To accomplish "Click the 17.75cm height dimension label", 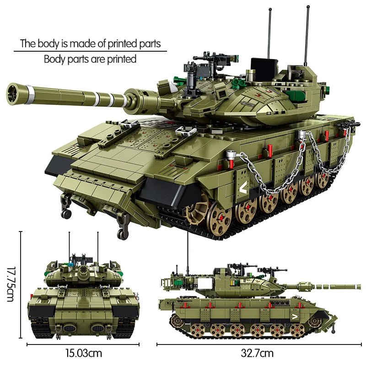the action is tap(11, 284).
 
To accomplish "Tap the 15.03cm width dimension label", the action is tap(84, 353).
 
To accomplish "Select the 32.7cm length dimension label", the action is tap(257, 353).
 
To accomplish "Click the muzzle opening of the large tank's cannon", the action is tap(12, 94).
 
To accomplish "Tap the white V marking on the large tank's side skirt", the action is tap(243, 187).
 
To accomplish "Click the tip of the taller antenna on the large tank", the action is tap(308, 6).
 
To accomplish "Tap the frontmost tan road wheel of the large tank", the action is tap(220, 218).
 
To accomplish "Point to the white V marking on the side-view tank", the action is tap(295, 317).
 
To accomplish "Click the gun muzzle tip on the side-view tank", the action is tap(360, 286).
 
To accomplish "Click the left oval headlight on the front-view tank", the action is tap(70, 328).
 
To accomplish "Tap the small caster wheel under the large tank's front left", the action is tap(66, 214).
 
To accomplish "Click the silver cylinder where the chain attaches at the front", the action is tap(230, 155).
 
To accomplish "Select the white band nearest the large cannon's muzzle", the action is tap(30, 95).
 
